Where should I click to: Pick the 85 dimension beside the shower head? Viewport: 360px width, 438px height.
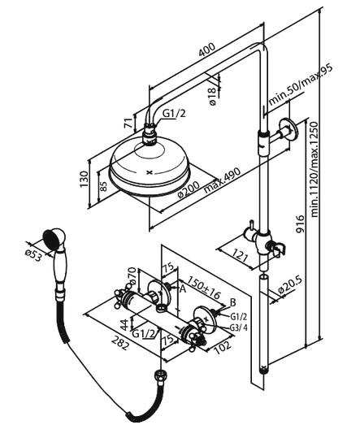[102, 184]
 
